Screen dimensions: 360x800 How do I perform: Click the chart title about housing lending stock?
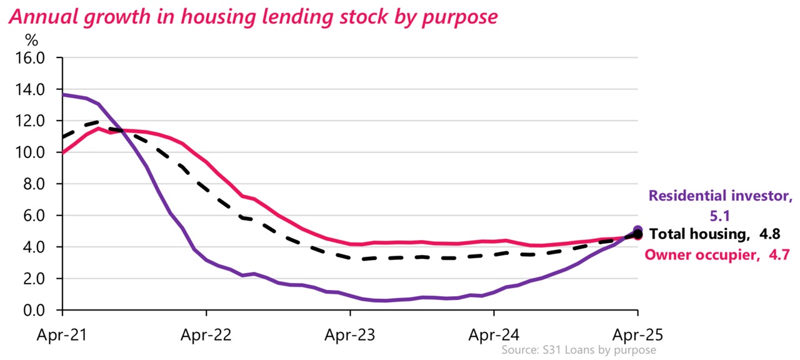tap(252, 16)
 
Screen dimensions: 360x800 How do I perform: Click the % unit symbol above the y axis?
tap(31, 41)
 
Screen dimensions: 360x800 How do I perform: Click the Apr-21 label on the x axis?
tap(62, 334)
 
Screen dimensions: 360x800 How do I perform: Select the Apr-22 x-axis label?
tap(206, 334)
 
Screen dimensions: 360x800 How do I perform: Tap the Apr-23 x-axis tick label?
tap(350, 334)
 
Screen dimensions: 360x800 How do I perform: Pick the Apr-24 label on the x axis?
tap(494, 334)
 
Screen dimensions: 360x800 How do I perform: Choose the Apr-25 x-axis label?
tap(637, 334)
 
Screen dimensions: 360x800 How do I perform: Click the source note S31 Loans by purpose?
tap(578, 350)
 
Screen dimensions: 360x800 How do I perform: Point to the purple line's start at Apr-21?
tap(63, 94)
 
